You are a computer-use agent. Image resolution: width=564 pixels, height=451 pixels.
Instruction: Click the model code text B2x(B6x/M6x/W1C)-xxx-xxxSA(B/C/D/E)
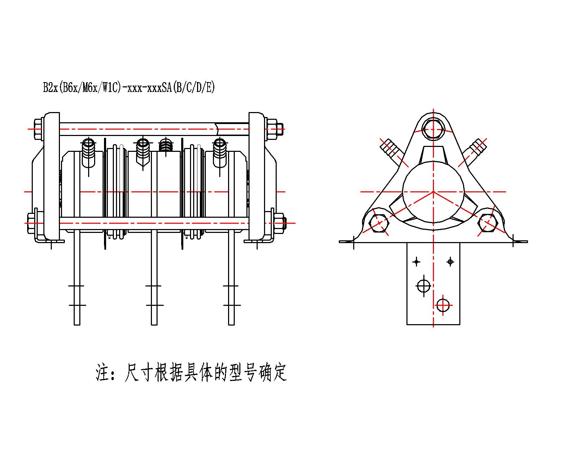click(129, 87)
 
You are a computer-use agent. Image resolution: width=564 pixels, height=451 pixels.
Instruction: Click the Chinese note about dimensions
click(191, 373)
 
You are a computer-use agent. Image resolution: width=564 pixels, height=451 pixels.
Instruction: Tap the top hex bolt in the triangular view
click(433, 129)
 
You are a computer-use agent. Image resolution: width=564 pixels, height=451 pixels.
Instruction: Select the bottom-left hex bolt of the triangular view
click(379, 223)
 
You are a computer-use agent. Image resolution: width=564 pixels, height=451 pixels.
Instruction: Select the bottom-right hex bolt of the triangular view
click(488, 223)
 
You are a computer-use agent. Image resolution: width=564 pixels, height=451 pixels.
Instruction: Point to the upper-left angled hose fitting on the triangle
click(391, 149)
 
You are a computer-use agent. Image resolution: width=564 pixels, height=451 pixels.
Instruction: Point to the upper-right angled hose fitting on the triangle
click(476, 149)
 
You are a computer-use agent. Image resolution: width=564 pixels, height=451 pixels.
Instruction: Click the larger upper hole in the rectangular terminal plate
click(423, 286)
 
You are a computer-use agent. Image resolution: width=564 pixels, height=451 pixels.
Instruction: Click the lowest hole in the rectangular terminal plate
click(443, 305)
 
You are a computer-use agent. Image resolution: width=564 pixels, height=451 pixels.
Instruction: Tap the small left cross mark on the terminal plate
click(416, 262)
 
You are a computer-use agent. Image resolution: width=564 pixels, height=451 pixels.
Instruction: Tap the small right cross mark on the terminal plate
click(450, 262)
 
